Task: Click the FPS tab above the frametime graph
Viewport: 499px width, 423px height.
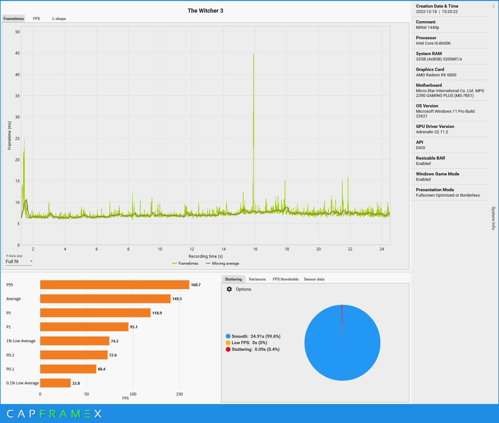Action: click(x=36, y=19)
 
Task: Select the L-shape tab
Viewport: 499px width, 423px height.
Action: click(x=59, y=19)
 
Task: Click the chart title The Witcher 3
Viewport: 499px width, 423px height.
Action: click(x=205, y=11)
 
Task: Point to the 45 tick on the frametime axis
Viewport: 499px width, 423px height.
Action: click(x=17, y=53)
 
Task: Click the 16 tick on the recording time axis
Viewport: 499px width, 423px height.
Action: click(x=255, y=249)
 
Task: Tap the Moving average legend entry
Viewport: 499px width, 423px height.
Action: click(x=222, y=263)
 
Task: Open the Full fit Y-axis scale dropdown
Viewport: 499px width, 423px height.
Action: click(x=19, y=262)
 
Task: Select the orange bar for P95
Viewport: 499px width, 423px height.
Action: click(x=115, y=285)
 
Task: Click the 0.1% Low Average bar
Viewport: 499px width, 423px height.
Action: click(x=55, y=383)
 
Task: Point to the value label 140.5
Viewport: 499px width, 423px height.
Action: click(x=177, y=299)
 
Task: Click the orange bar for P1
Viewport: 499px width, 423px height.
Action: click(x=84, y=327)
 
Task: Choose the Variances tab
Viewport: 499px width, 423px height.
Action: click(x=257, y=279)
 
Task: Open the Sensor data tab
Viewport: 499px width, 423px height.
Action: click(x=314, y=279)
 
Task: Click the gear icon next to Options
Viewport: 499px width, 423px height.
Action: click(x=229, y=289)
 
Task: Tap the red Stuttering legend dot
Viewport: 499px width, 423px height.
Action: click(x=228, y=349)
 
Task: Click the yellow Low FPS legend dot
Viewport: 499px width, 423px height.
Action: click(x=228, y=343)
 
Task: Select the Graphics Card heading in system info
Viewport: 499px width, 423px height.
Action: click(x=430, y=69)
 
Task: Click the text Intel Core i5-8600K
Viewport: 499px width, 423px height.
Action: click(x=433, y=43)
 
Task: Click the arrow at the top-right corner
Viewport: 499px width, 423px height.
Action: click(x=493, y=6)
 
